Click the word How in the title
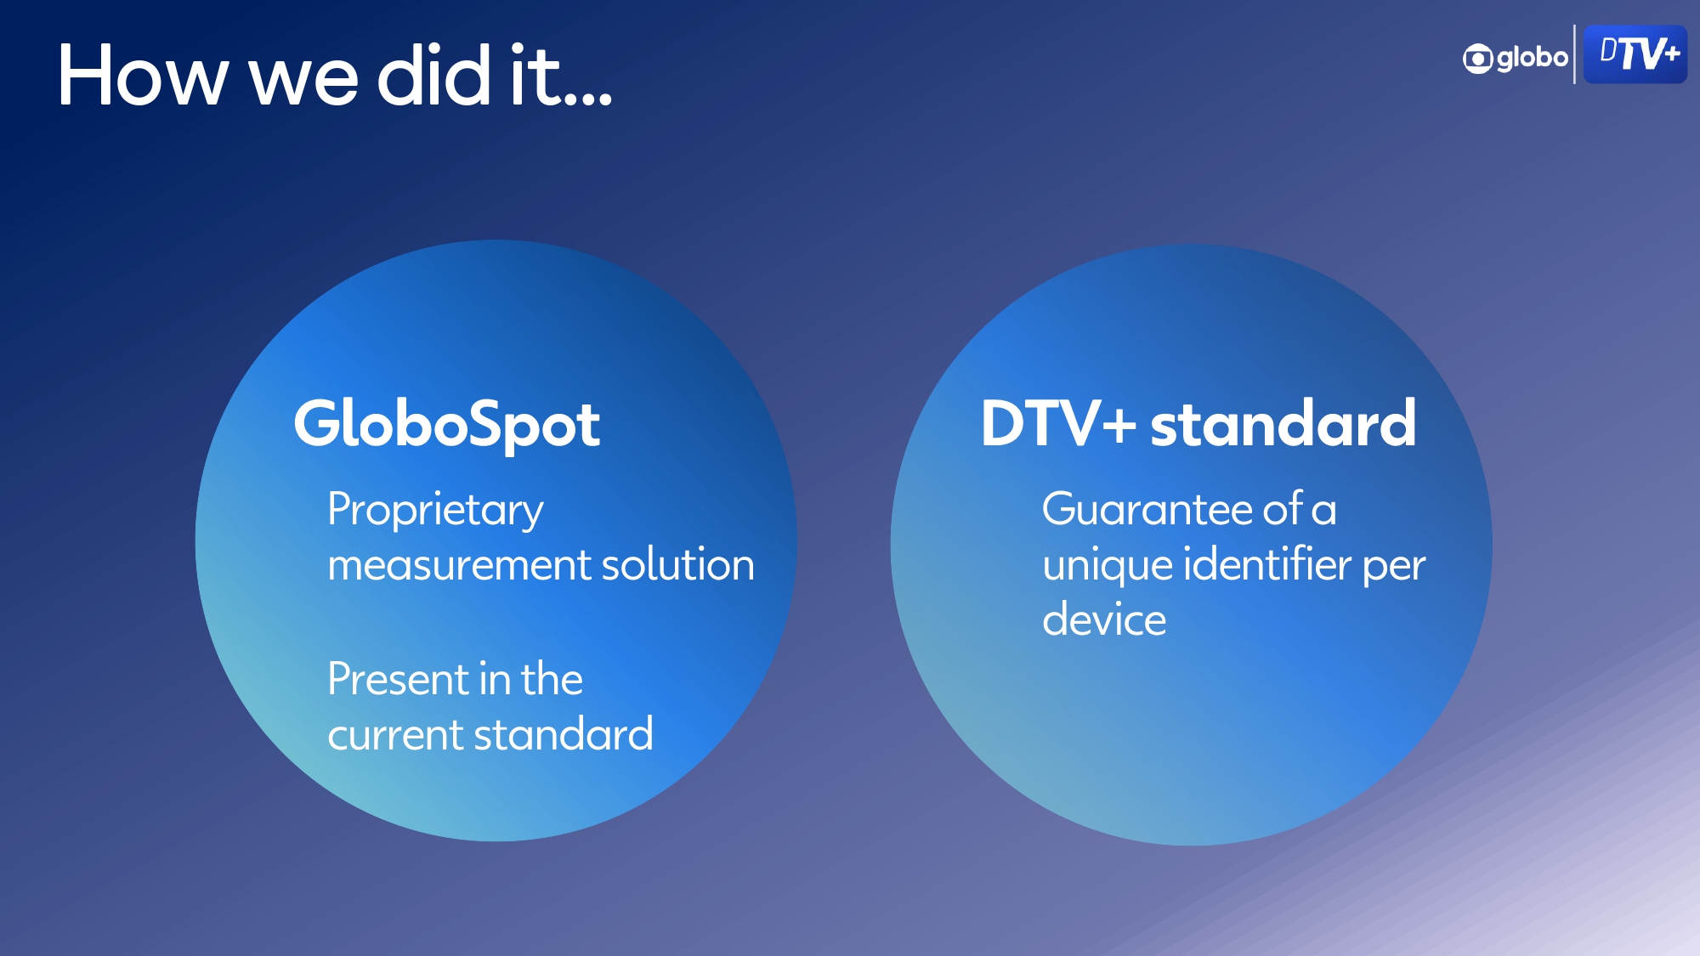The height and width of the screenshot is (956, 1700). tap(143, 76)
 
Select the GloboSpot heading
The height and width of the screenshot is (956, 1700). tap(447, 425)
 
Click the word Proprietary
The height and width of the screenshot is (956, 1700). tap(435, 512)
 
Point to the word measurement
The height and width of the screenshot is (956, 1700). tap(459, 566)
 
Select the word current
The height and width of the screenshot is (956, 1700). tap(395, 736)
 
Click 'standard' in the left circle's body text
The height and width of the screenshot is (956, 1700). tap(564, 734)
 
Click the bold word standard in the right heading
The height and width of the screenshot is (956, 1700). tap(1283, 423)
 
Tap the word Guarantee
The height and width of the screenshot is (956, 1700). tap(1147, 510)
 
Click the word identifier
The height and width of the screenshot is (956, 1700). tap(1267, 564)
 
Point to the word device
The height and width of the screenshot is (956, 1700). tap(1104, 619)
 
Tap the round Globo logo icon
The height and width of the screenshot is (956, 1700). tap(1477, 59)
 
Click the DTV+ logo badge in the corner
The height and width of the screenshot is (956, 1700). tap(1635, 54)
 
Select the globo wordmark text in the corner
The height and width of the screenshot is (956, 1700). tap(1533, 58)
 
